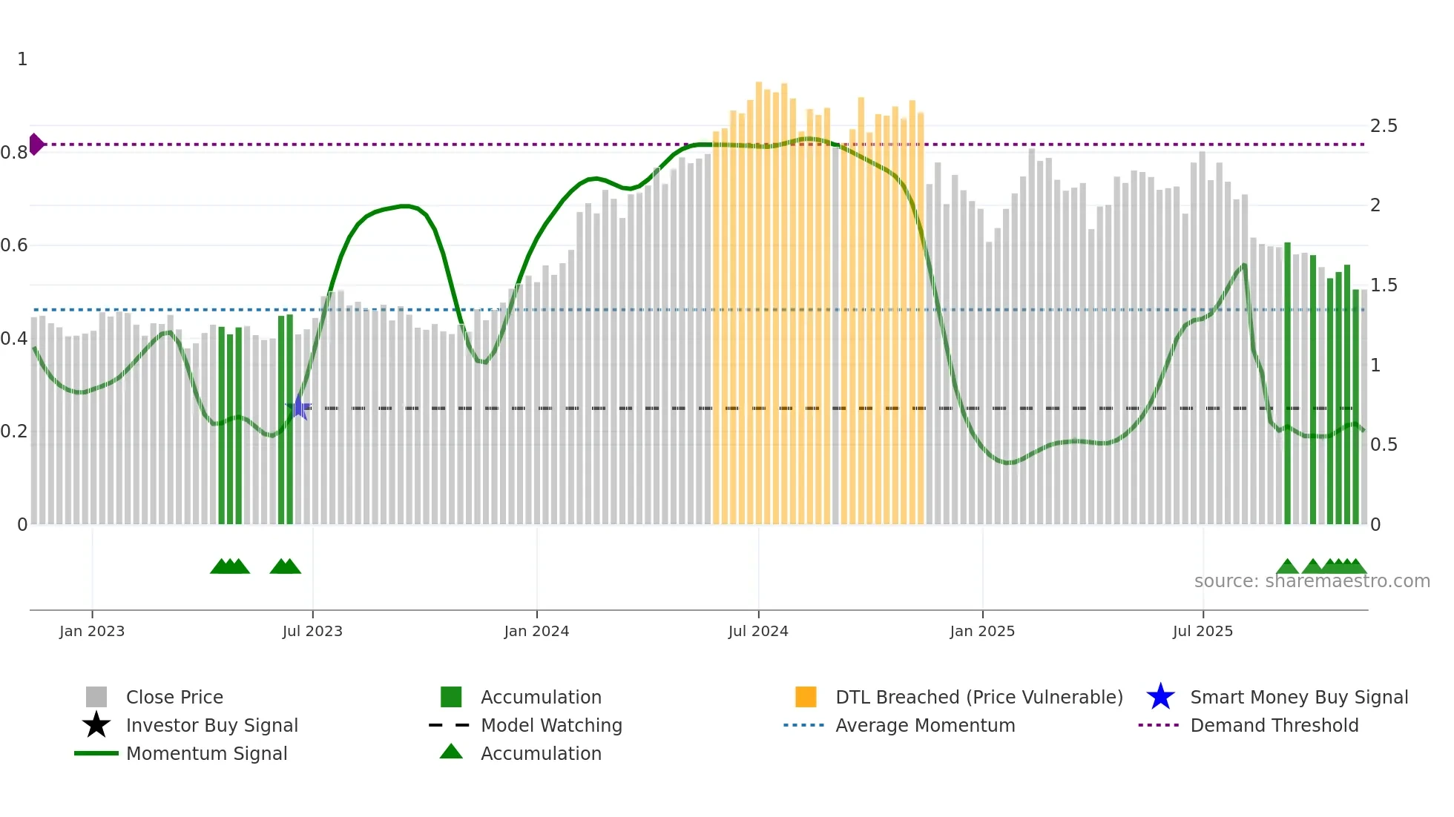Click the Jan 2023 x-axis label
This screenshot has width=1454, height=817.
pyautogui.click(x=92, y=631)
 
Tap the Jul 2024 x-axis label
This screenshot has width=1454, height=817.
pyautogui.click(x=758, y=631)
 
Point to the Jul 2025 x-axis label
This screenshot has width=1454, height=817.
pyautogui.click(x=1203, y=631)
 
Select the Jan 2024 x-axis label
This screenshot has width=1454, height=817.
pyautogui.click(x=536, y=631)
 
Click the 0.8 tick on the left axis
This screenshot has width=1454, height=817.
pyautogui.click(x=14, y=153)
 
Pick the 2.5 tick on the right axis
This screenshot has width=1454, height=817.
pyautogui.click(x=1384, y=126)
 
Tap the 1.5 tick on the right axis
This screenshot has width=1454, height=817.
pyautogui.click(x=1384, y=285)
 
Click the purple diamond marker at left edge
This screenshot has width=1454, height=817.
pyautogui.click(x=36, y=144)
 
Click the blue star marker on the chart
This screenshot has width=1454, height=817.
pyautogui.click(x=298, y=407)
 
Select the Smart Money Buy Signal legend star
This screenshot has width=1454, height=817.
pyautogui.click(x=1160, y=697)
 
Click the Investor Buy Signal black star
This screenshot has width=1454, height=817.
pyautogui.click(x=96, y=725)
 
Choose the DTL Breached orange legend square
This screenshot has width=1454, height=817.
pyautogui.click(x=806, y=697)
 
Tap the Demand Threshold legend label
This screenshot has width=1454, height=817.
pyautogui.click(x=1274, y=725)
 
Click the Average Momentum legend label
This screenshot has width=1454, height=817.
pyautogui.click(x=925, y=725)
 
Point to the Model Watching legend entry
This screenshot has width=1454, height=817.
pyautogui.click(x=551, y=725)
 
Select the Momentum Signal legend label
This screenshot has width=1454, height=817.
pyautogui.click(x=206, y=753)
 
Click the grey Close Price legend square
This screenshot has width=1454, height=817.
pyautogui.click(x=96, y=697)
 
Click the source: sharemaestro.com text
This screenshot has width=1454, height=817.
pyautogui.click(x=1312, y=581)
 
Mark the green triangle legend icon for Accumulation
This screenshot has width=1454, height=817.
pyautogui.click(x=451, y=752)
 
